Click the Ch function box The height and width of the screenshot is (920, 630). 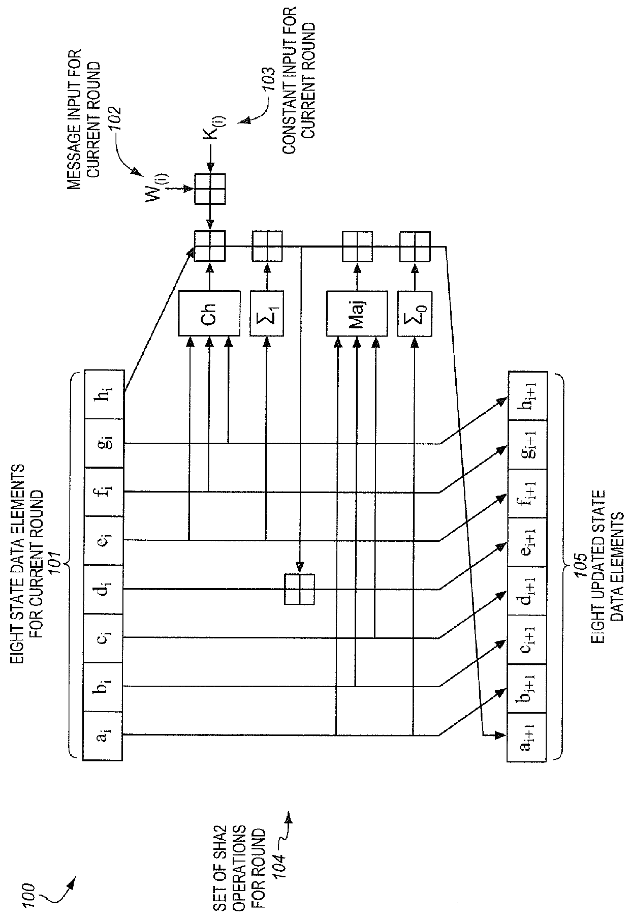(x=209, y=313)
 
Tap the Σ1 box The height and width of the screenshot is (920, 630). (x=266, y=313)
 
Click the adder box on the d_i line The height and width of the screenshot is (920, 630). (x=299, y=589)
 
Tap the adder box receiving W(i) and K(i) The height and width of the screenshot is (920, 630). (x=209, y=189)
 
